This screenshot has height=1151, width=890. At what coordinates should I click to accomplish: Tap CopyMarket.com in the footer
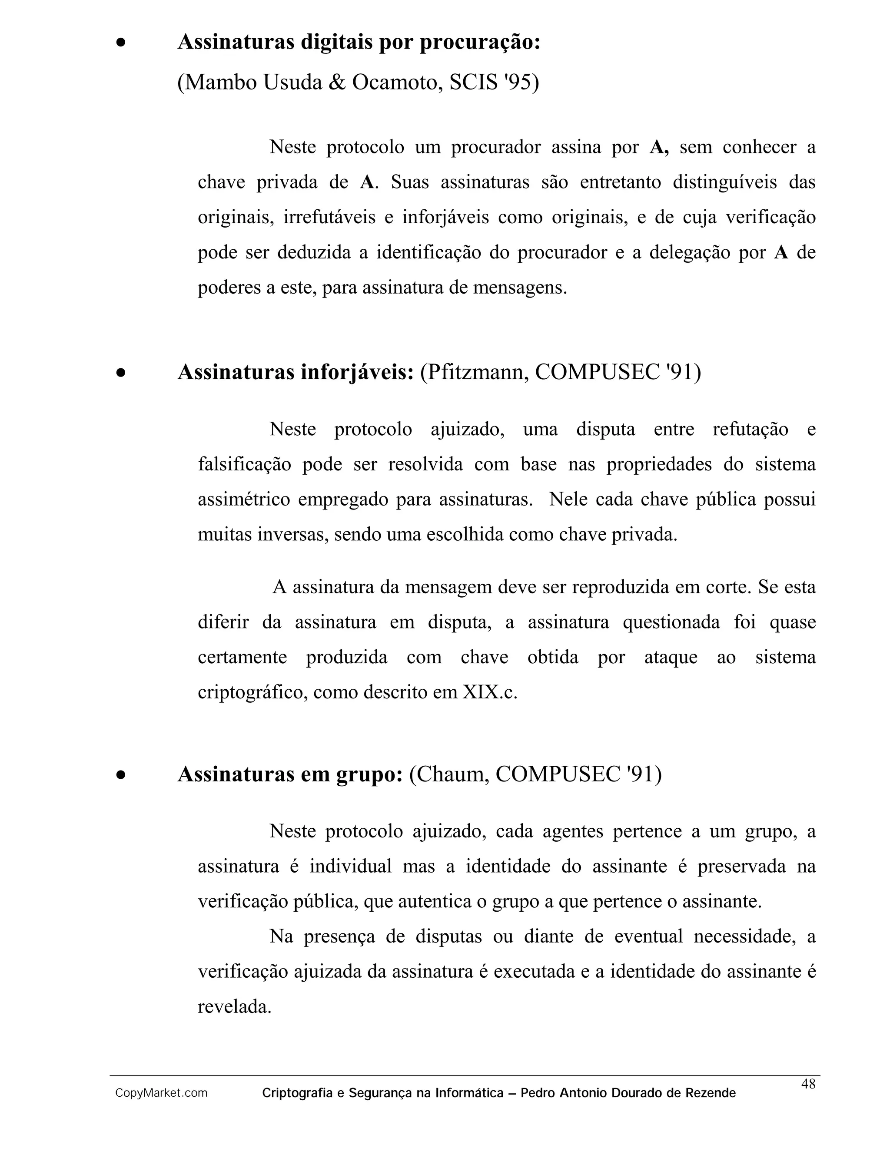coord(161,1093)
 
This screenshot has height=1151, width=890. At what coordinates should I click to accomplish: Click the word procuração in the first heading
coord(480,42)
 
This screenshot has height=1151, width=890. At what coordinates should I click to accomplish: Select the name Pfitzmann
coord(474,372)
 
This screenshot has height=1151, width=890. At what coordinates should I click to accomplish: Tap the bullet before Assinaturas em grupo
coord(121,775)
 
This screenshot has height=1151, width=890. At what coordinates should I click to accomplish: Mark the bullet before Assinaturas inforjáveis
coord(121,373)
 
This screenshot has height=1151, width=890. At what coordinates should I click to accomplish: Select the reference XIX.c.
coord(490,692)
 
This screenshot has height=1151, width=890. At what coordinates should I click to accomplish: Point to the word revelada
coord(234,1007)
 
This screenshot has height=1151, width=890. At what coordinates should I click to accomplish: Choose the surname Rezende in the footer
coord(710,1093)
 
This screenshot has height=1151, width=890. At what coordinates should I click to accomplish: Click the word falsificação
coord(244,464)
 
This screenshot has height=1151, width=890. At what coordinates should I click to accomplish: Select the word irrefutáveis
coord(329,217)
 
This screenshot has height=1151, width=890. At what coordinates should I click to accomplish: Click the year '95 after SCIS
coord(521,82)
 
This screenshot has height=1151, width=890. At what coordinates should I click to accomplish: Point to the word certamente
coord(242,657)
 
